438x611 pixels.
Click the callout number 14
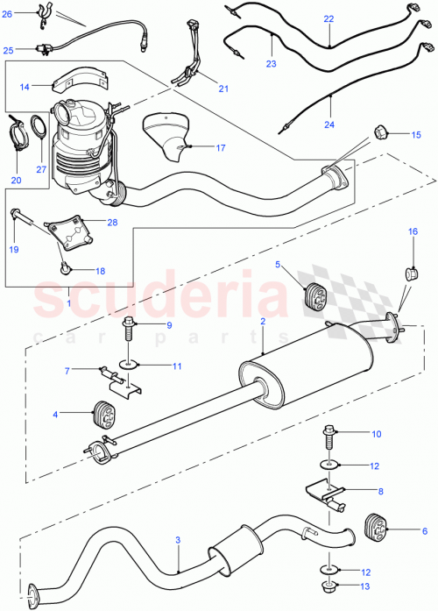25,86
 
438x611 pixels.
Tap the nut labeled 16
410,273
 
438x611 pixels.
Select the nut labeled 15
380,132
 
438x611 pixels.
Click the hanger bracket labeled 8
322,494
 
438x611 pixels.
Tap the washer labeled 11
130,361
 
